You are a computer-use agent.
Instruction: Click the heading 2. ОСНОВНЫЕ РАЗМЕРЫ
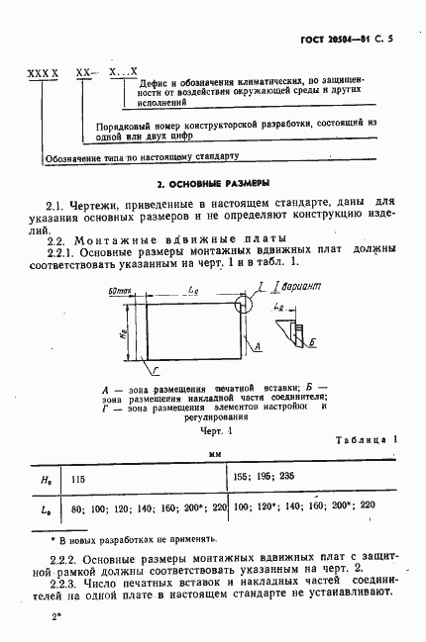tap(214, 184)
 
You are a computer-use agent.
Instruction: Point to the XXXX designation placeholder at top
tap(45, 75)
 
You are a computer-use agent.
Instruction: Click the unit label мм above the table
tap(213, 455)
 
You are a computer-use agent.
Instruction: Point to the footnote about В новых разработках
tap(134, 540)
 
